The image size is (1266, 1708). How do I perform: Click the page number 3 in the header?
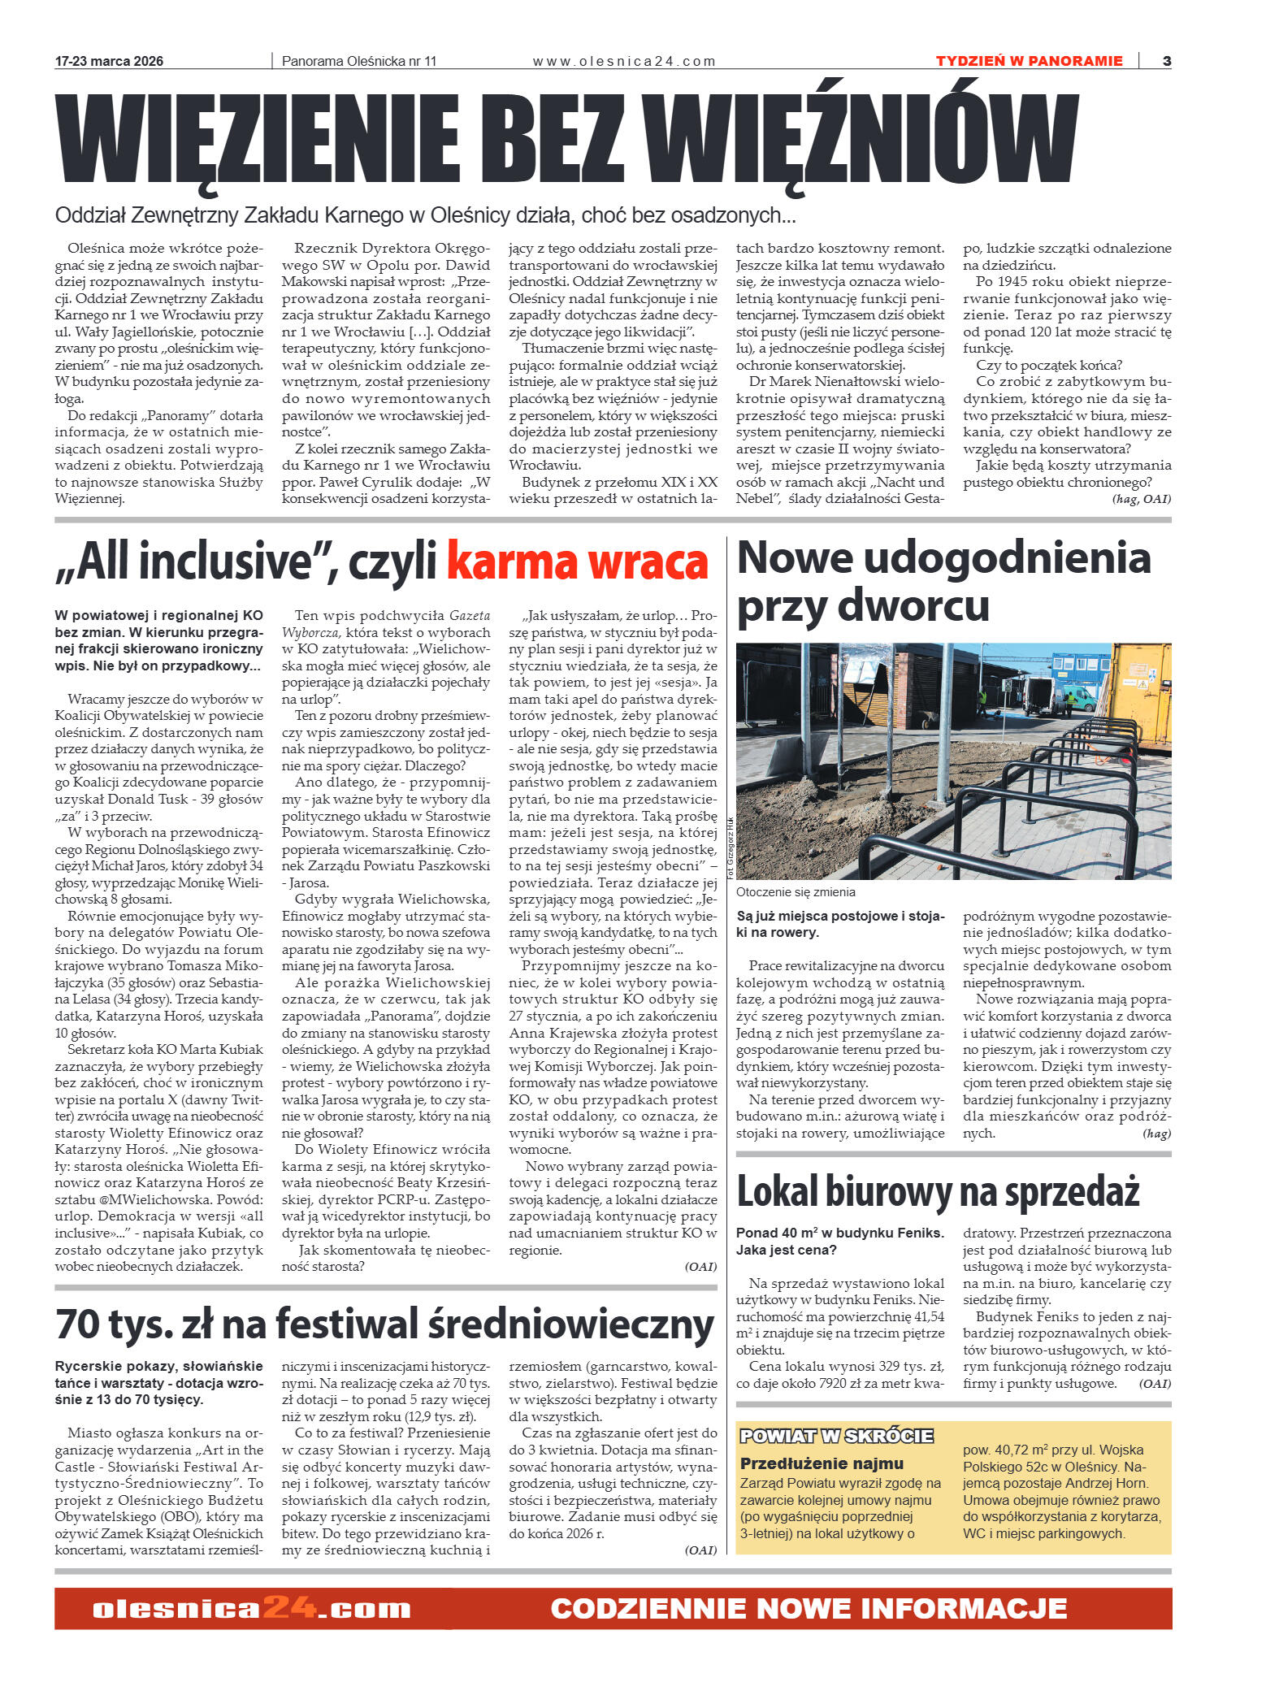1166,61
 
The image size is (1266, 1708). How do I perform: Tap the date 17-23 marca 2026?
109,61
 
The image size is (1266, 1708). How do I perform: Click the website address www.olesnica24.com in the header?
624,61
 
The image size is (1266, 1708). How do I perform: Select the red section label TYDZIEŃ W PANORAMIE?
1029,61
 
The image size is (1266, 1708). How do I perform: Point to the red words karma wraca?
578,562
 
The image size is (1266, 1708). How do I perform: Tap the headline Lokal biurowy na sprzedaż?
938,1192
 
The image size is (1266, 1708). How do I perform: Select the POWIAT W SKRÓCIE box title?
836,1437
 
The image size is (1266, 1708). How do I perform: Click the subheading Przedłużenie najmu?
822,1463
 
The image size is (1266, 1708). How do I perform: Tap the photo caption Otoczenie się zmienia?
796,892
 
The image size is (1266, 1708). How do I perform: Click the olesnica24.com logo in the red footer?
252,1609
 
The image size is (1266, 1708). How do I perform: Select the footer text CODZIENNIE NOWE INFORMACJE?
809,1609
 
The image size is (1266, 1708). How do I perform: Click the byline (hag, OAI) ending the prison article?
1141,499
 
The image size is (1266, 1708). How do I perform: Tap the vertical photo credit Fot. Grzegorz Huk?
730,849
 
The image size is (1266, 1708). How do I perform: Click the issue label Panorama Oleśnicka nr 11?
359,61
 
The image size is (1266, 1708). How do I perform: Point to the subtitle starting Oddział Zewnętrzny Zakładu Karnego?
425,215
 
